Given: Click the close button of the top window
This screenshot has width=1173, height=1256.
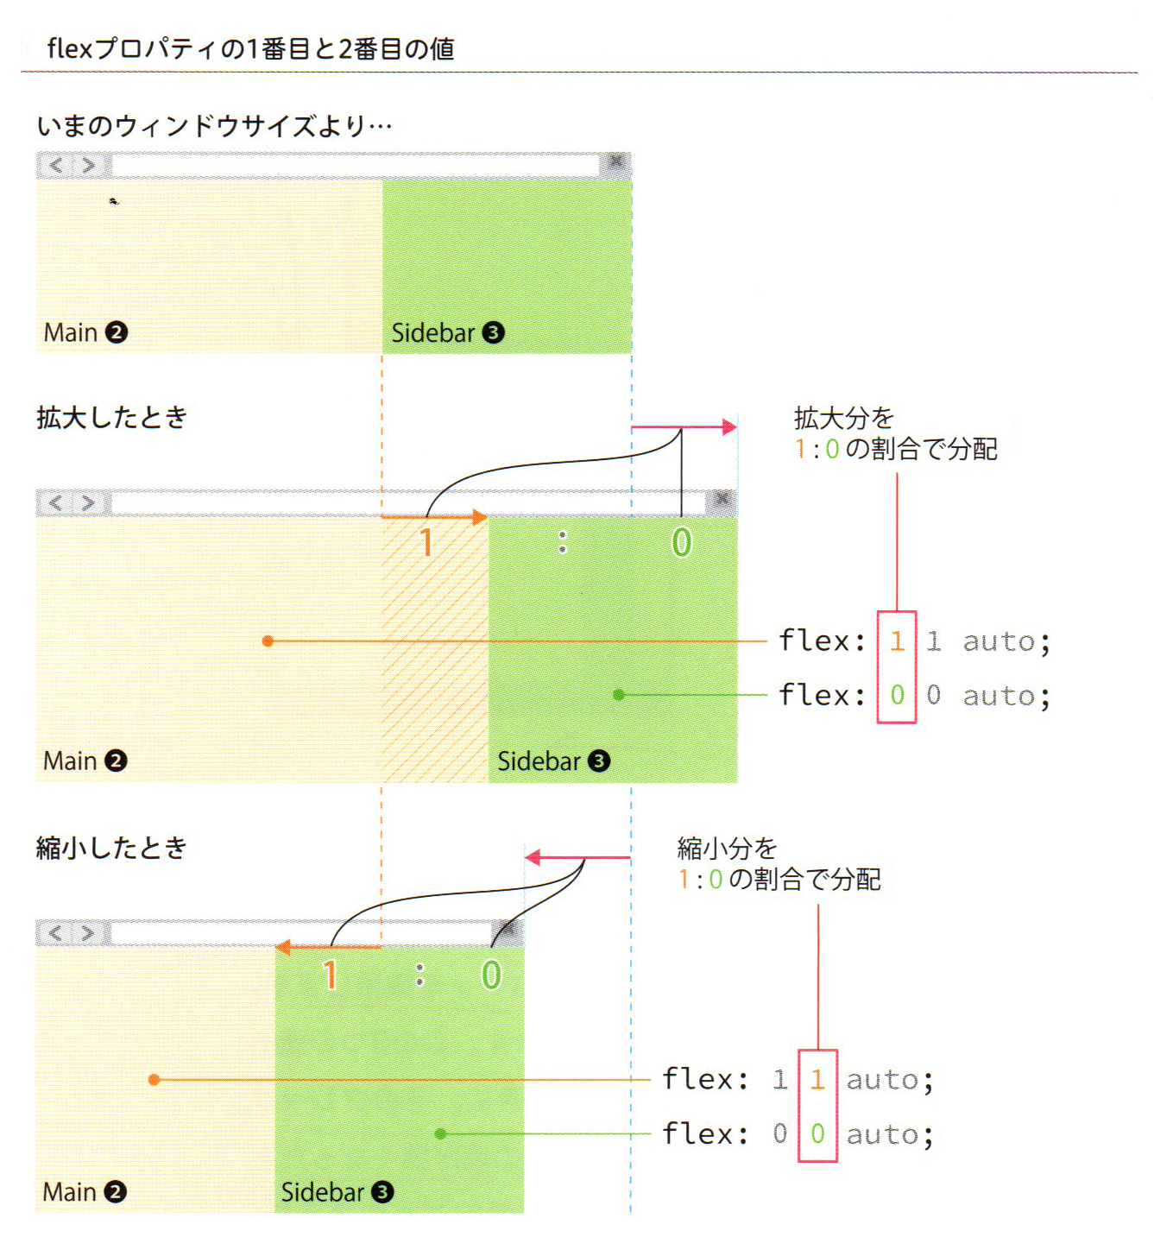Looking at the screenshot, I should pyautogui.click(x=616, y=161).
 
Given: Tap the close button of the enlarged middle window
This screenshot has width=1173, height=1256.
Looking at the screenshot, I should pyautogui.click(x=722, y=500).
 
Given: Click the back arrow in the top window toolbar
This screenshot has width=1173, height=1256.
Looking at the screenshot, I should pyautogui.click(x=56, y=164).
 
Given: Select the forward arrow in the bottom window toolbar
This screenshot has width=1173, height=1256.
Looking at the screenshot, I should pyautogui.click(x=87, y=932).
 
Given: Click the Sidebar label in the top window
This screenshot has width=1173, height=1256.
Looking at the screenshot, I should pyautogui.click(x=433, y=332).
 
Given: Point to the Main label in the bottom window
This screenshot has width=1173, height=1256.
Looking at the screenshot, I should pyautogui.click(x=69, y=1191).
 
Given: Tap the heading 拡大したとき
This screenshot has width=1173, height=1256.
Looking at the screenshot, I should pyautogui.click(x=112, y=418).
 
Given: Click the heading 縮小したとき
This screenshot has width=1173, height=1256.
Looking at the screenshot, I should pyautogui.click(x=112, y=848).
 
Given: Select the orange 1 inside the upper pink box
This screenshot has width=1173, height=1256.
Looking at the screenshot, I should pyautogui.click(x=897, y=641).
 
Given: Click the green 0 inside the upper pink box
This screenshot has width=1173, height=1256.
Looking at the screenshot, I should pyautogui.click(x=897, y=695).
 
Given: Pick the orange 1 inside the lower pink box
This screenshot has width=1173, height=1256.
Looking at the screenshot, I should pyautogui.click(x=817, y=1079).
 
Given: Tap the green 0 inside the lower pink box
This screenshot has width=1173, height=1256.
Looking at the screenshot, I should pyautogui.click(x=817, y=1133).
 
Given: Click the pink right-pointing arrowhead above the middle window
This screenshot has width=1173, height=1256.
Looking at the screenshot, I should pyautogui.click(x=729, y=426).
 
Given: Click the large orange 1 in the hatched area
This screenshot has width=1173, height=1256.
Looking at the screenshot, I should pyautogui.click(x=426, y=543).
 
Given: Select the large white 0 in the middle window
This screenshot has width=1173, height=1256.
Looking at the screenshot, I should pyautogui.click(x=681, y=542).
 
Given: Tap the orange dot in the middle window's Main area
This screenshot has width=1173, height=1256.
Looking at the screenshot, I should pyautogui.click(x=268, y=641).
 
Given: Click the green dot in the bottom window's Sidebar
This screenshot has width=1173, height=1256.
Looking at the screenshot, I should pyautogui.click(x=440, y=1133).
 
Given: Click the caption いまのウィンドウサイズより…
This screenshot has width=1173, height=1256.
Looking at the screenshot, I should pyautogui.click(x=214, y=126).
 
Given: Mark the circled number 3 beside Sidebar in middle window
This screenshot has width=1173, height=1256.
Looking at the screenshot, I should pyautogui.click(x=599, y=761).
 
